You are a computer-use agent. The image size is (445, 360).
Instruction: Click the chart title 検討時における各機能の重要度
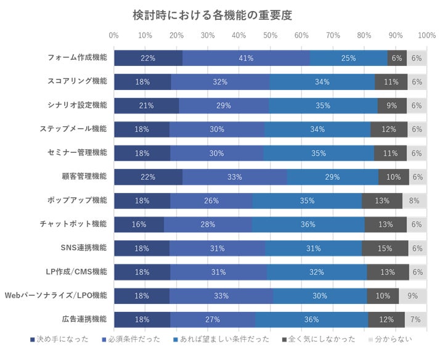click(x=212, y=15)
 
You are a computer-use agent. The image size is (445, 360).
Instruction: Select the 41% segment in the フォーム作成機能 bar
click(x=246, y=58)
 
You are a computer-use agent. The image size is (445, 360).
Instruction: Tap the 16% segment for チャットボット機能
click(x=139, y=224)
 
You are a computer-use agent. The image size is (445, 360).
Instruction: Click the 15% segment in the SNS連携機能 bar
click(x=385, y=248)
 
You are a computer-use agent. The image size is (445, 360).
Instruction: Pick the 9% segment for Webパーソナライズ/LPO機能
click(x=412, y=296)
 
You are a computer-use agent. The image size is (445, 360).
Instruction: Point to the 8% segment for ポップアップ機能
click(x=414, y=201)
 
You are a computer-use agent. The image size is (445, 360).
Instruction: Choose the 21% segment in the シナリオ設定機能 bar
click(x=147, y=105)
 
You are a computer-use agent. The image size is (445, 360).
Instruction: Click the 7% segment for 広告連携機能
click(x=415, y=319)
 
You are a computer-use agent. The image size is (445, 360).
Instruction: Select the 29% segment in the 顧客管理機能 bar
click(x=333, y=177)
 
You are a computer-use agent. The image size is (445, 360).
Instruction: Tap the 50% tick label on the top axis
click(x=271, y=35)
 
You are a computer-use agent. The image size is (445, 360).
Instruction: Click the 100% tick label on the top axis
click(x=427, y=35)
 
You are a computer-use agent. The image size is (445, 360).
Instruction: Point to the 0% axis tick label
click(x=114, y=35)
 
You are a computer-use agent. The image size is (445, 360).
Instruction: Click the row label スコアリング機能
click(x=77, y=81)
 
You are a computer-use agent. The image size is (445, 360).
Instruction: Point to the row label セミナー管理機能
click(x=77, y=152)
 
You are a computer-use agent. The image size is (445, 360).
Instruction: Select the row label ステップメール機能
click(x=73, y=129)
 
